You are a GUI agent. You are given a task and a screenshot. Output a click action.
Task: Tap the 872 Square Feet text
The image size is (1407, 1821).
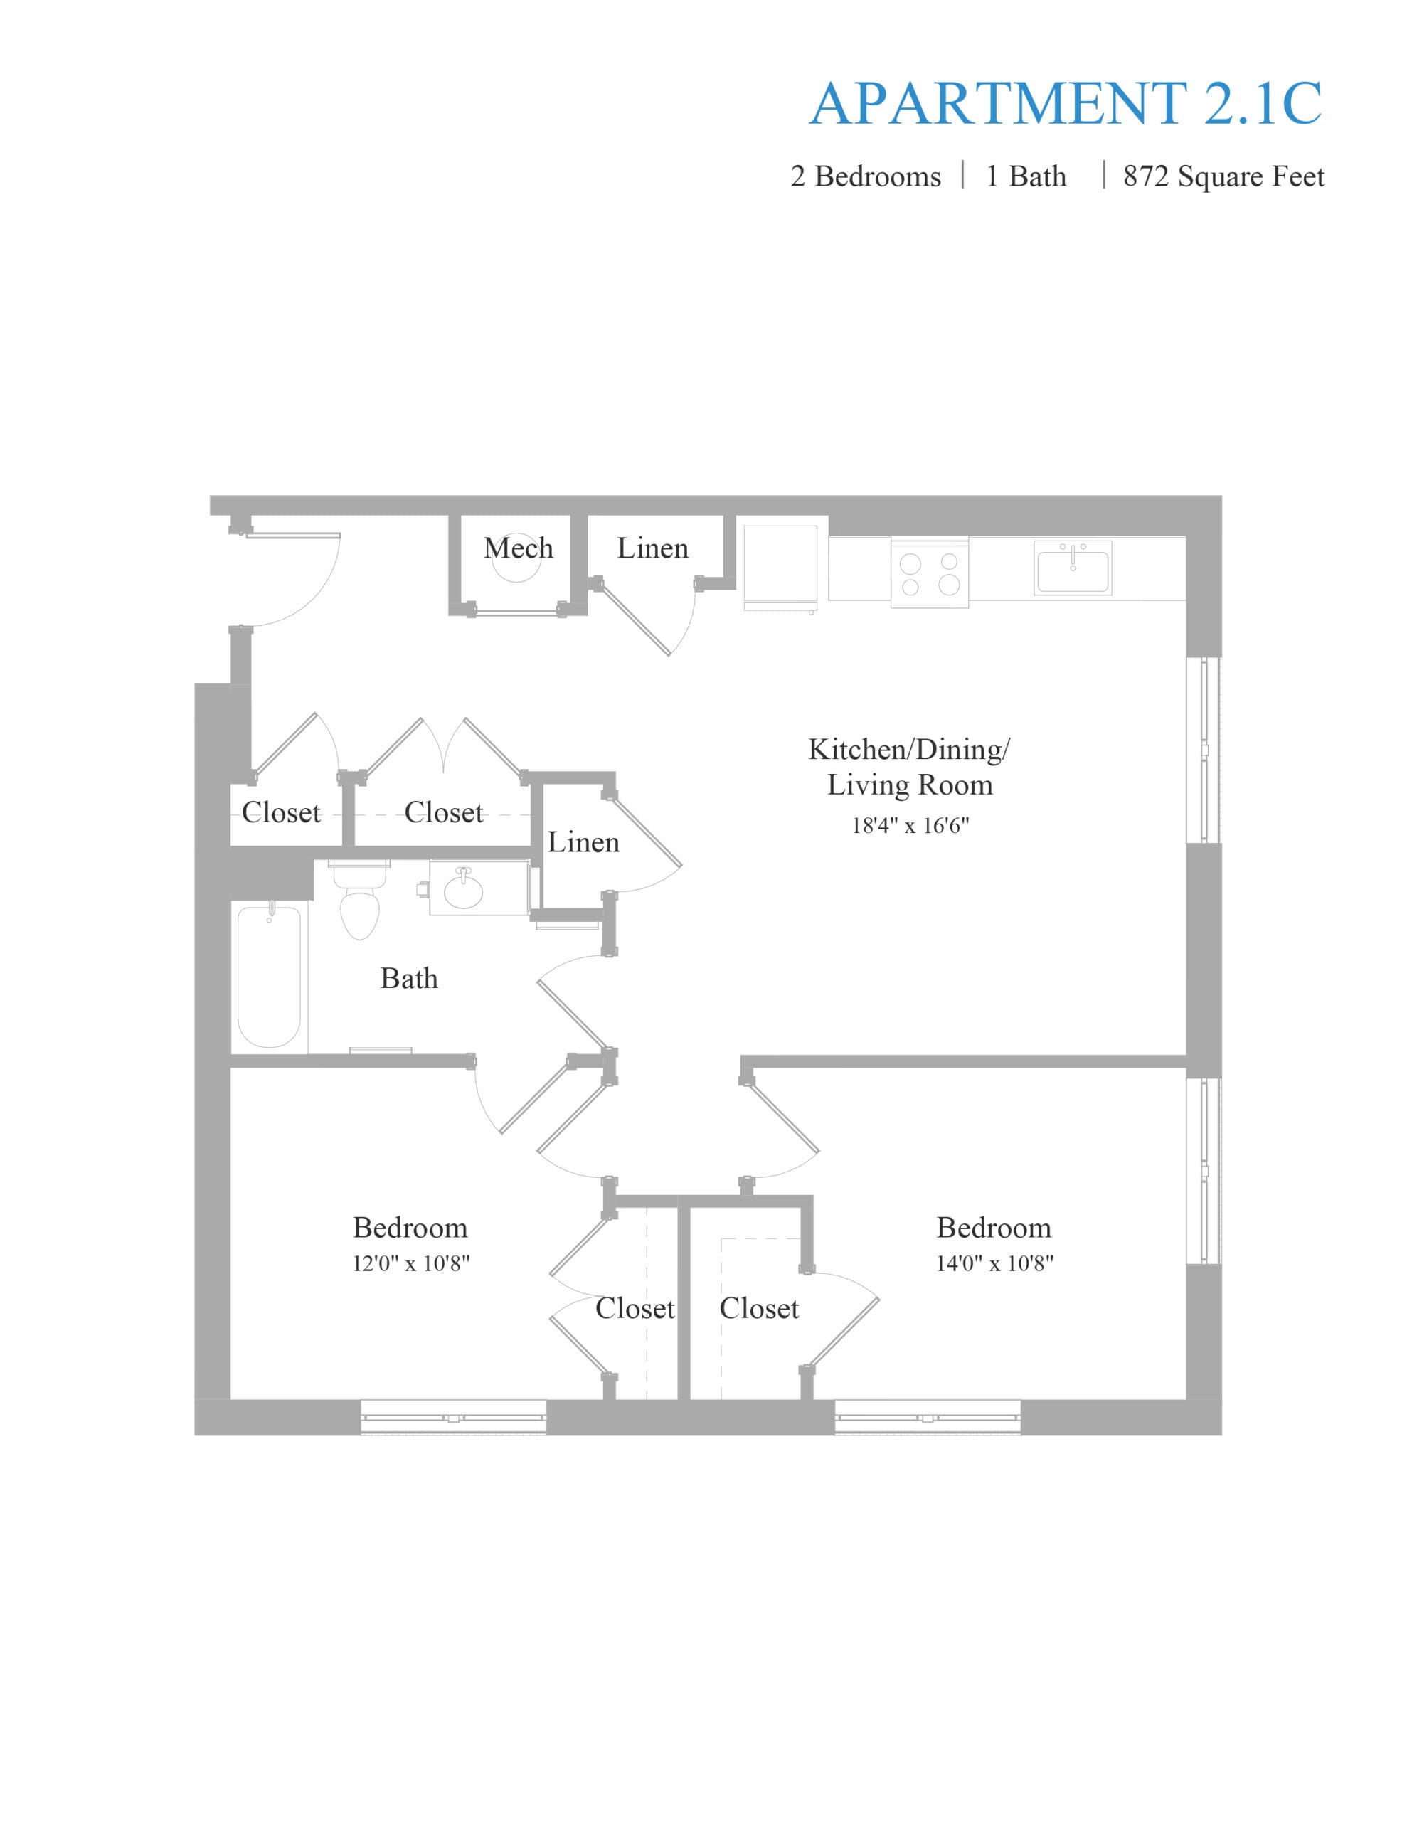[1223, 176]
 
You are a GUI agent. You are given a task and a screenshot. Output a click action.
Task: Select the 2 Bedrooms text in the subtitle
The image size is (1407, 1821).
[865, 176]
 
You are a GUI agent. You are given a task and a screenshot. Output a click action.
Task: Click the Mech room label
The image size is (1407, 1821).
[518, 548]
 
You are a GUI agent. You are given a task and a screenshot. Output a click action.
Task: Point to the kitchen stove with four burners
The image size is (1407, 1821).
[929, 572]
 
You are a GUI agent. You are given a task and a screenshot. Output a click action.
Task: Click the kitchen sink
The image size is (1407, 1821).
[1073, 568]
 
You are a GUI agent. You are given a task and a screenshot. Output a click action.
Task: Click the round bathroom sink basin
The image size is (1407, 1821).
[463, 890]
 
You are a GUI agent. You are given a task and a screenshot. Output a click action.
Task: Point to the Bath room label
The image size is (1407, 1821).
[409, 978]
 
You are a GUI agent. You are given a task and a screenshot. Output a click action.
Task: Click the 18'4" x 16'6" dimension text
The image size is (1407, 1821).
[910, 825]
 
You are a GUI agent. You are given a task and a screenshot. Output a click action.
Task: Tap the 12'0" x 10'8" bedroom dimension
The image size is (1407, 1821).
[410, 1263]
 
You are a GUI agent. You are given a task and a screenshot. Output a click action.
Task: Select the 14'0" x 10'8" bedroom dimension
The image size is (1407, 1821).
[994, 1263]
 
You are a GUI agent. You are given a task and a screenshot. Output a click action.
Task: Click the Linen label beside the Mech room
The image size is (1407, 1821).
[653, 548]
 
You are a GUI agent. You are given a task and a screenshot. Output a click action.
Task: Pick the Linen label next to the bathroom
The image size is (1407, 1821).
[584, 842]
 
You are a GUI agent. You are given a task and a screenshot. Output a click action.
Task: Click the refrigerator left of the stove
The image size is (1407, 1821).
[780, 568]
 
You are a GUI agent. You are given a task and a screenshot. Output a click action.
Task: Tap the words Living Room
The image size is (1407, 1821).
[910, 785]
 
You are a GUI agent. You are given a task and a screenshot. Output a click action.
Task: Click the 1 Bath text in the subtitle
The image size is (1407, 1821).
[1026, 176]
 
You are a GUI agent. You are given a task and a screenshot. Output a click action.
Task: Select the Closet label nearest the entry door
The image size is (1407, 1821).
[281, 812]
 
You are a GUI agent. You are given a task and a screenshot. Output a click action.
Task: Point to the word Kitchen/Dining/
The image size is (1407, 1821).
[909, 750]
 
